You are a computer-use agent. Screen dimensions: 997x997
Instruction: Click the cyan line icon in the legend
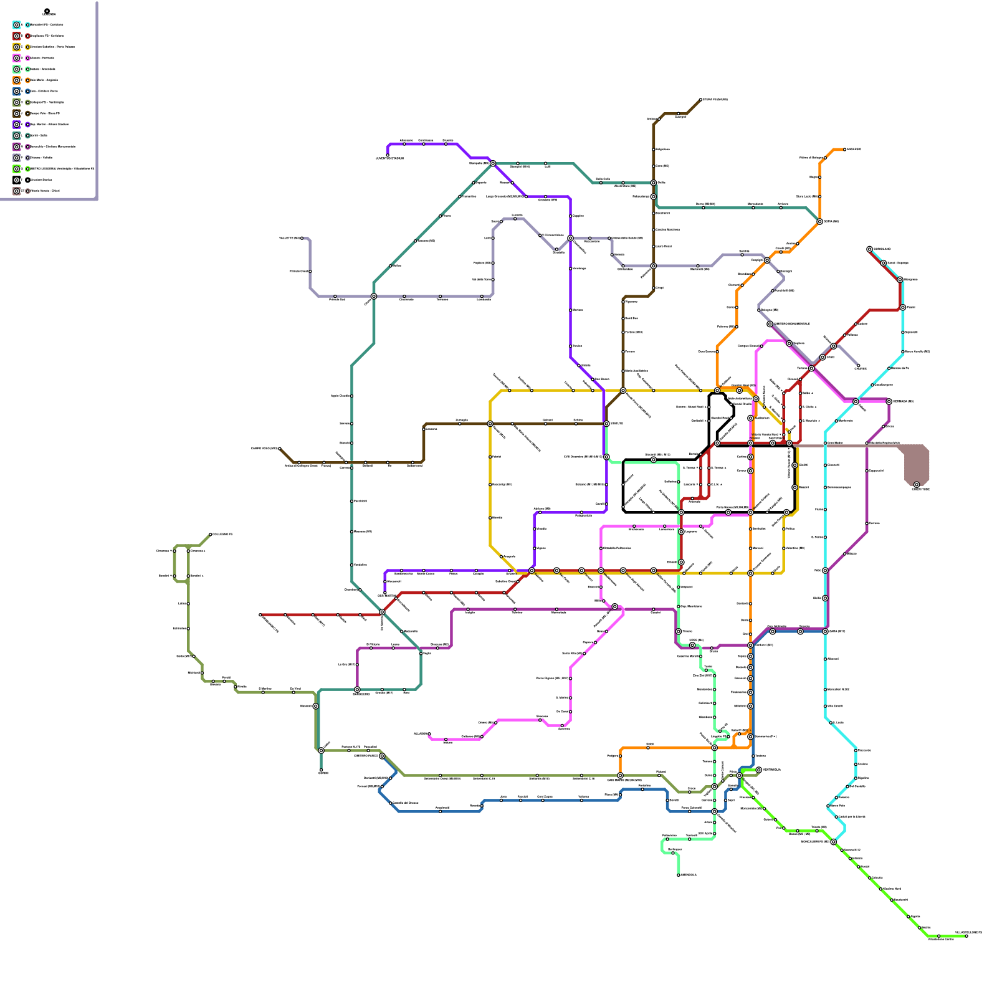click(x=17, y=25)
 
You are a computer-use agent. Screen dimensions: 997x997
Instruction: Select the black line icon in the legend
click(x=17, y=179)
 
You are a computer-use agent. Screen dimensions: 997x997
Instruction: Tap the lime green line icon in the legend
click(x=17, y=169)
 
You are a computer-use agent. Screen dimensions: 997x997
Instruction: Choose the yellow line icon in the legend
click(x=17, y=47)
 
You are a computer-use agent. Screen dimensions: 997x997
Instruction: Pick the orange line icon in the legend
click(x=17, y=80)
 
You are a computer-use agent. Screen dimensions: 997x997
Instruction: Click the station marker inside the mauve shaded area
click(x=917, y=485)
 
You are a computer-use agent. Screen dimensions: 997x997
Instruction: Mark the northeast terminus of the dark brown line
click(x=701, y=100)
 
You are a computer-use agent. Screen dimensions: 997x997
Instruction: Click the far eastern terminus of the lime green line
click(x=966, y=936)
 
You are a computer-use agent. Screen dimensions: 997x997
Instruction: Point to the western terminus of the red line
click(x=260, y=615)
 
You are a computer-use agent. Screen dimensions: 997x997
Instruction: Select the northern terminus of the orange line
click(x=845, y=150)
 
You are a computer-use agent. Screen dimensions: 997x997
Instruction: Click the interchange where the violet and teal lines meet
click(x=493, y=163)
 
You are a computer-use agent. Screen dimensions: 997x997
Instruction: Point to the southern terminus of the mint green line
click(x=679, y=875)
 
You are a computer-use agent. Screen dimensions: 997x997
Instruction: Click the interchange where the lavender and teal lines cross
click(x=374, y=297)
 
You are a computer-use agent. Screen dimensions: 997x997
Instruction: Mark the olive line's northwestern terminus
click(x=211, y=535)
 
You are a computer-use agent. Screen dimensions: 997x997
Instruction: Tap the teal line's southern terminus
click(x=321, y=771)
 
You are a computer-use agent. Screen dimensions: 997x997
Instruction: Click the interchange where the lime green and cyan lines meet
click(x=834, y=842)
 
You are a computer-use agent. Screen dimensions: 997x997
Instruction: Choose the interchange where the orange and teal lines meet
click(x=819, y=221)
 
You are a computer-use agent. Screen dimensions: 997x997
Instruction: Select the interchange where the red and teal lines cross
click(x=382, y=613)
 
